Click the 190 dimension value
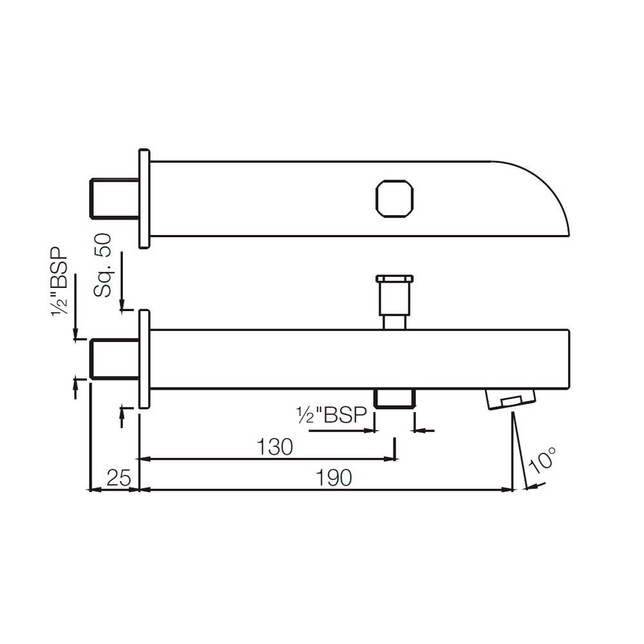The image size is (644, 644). coord(334,477)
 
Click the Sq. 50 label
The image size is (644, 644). coord(103,265)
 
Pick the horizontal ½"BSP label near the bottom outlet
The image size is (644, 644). coord(329,415)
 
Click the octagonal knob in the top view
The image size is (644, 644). coord(394,198)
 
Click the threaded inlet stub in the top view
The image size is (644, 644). coord(113,198)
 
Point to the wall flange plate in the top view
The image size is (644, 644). coord(144,198)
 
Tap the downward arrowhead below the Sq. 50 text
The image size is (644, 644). coord(121,306)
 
